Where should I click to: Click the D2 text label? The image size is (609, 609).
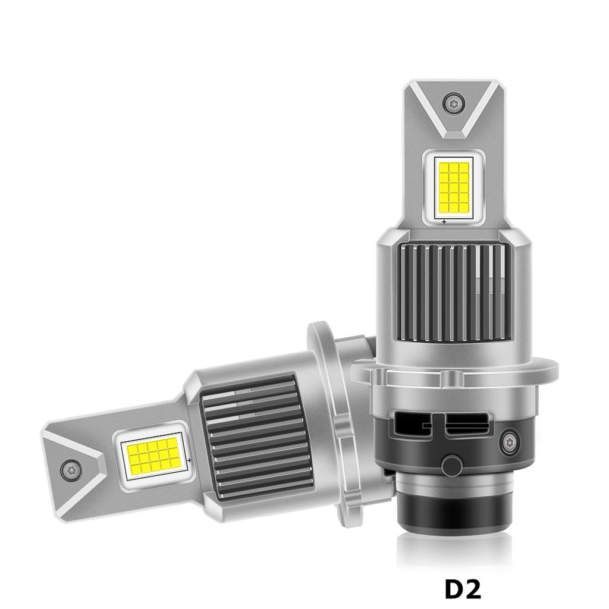(462, 589)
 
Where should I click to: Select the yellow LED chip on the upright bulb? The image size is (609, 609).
(453, 186)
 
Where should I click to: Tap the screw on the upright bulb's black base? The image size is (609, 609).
(510, 442)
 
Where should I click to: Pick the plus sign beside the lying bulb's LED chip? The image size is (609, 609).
(189, 460)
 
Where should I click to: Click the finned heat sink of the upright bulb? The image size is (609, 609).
(454, 291)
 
